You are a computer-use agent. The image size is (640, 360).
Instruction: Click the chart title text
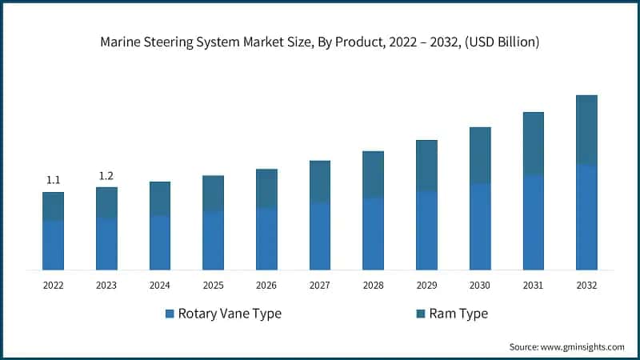[320, 42]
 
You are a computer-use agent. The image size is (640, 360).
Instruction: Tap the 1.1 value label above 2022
[53, 180]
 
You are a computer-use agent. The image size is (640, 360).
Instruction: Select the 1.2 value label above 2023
[106, 175]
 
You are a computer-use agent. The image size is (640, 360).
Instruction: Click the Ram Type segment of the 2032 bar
[586, 130]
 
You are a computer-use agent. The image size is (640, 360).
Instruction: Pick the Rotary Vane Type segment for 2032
[586, 218]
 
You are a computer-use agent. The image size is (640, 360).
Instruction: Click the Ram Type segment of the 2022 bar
[53, 206]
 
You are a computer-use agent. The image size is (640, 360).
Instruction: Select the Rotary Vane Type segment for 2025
[213, 241]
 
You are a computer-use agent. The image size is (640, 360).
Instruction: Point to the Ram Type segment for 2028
[373, 174]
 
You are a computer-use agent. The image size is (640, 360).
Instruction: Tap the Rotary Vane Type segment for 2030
[480, 227]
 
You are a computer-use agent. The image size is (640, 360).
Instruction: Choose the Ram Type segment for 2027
[320, 182]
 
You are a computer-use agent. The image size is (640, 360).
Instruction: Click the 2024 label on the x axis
[160, 285]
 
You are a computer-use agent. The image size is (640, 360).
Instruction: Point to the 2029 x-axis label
[426, 285]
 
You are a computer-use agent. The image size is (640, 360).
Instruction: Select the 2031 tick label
[533, 285]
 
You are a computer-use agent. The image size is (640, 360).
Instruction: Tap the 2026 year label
[266, 285]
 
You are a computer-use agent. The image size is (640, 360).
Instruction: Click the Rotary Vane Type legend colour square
[170, 314]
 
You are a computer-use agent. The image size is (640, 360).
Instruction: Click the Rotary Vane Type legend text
[230, 314]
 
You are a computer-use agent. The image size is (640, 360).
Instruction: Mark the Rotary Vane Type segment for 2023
[106, 244]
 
